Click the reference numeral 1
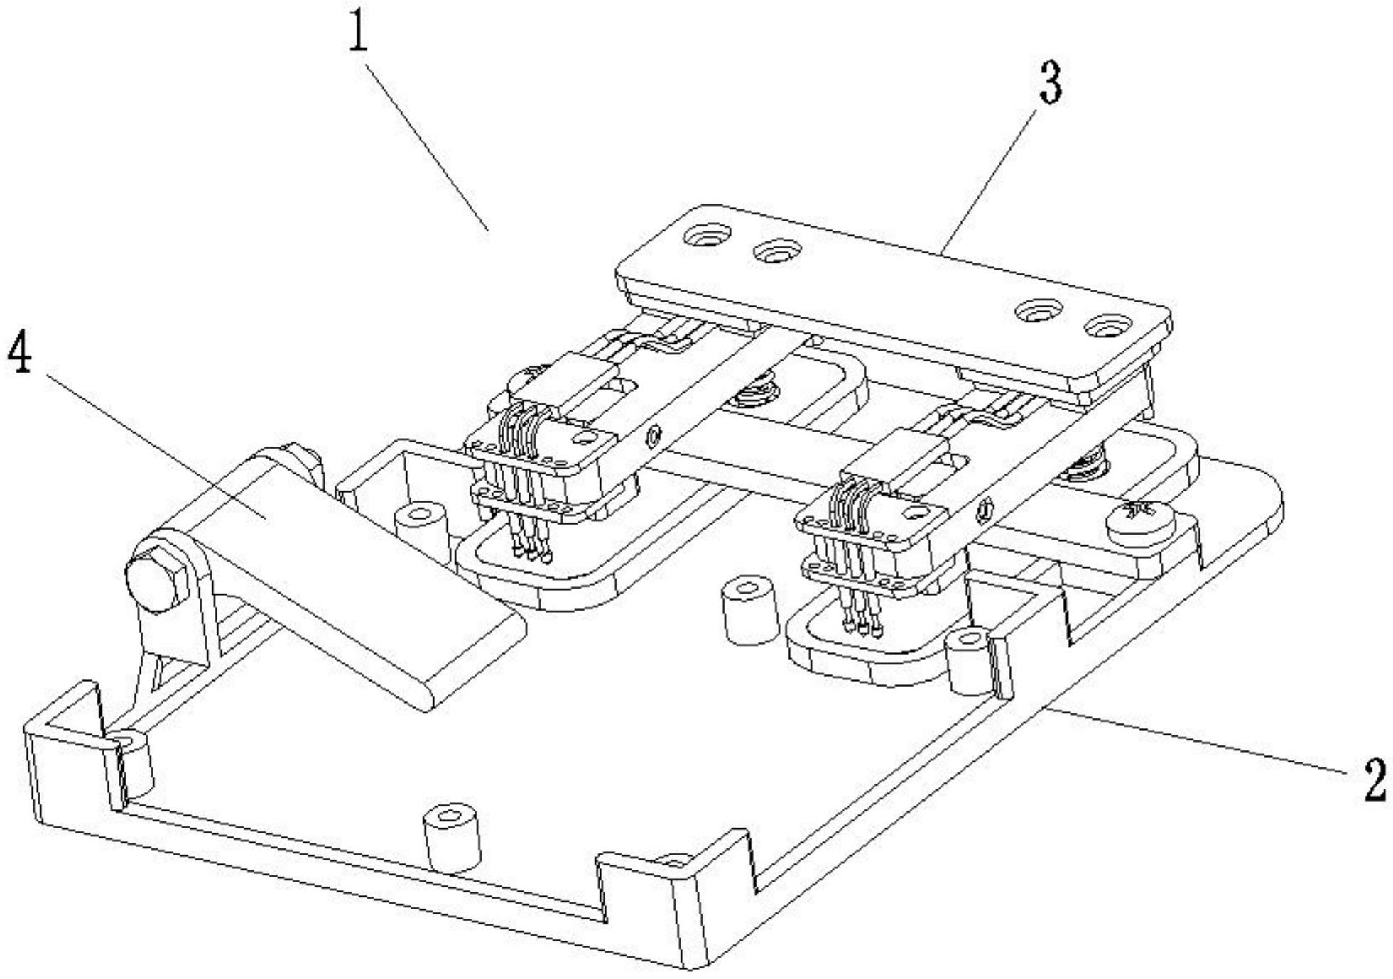(359, 31)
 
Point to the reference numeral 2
(1375, 779)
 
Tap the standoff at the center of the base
(749, 611)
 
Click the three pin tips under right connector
(862, 627)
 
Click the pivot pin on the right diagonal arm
(985, 508)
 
